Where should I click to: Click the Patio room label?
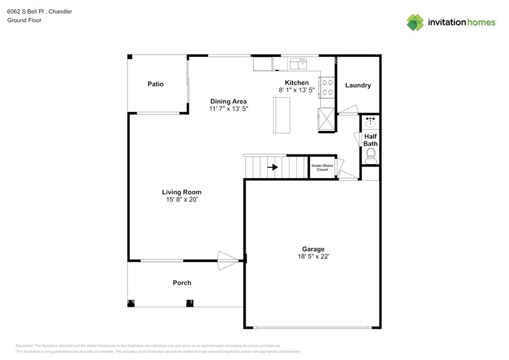click(x=155, y=84)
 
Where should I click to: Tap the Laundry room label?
click(x=358, y=85)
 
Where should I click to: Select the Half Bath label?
click(x=370, y=140)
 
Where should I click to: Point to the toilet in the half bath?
click(x=371, y=155)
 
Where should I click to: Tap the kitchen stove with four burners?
click(x=326, y=88)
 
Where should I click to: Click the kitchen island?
click(x=281, y=115)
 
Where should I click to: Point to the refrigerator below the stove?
click(x=326, y=119)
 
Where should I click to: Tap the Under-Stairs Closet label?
click(x=322, y=167)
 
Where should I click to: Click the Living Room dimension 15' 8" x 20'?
click(x=181, y=200)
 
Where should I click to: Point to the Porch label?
click(x=182, y=283)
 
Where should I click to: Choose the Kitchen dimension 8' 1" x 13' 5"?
click(x=296, y=90)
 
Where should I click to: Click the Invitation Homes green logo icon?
click(x=416, y=22)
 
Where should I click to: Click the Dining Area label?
click(x=228, y=101)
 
